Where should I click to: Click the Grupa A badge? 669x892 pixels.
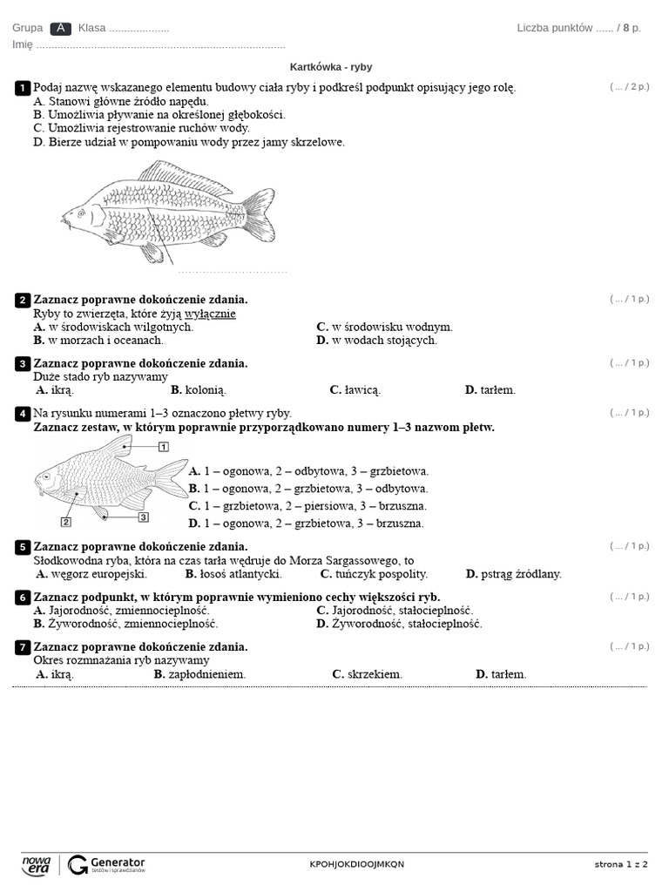[60, 28]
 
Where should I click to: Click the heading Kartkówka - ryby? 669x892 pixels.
[331, 67]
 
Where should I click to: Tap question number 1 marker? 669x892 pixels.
[22, 88]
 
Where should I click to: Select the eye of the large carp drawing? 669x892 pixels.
[80, 211]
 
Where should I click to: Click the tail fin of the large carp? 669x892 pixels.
[259, 215]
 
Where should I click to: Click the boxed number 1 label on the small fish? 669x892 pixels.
[163, 447]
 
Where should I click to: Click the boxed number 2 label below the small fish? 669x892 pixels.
[65, 522]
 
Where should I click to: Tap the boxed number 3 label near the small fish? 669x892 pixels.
[144, 517]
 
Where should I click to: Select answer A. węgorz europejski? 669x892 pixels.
[91, 574]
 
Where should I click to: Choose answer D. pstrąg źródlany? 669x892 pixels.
[513, 574]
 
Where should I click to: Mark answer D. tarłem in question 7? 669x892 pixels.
[501, 674]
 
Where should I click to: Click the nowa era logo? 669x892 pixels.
[37, 864]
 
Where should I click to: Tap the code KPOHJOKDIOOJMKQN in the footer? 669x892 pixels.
[357, 864]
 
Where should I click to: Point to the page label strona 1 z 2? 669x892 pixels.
[621, 864]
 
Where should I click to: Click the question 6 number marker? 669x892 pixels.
[22, 598]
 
